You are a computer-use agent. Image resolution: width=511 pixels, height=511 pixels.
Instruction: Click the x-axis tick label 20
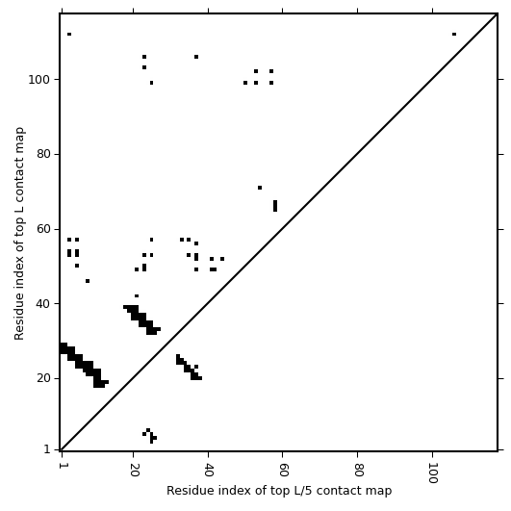point(134,470)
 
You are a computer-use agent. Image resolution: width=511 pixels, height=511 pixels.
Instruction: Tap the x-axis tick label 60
point(283,470)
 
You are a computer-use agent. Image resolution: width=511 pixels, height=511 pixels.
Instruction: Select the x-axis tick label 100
point(433,473)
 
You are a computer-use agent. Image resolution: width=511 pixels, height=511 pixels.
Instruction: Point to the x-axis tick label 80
point(359,470)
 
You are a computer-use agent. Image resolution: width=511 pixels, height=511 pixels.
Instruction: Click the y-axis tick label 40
point(43,303)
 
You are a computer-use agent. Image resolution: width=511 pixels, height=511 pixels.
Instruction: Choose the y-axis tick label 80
point(43,154)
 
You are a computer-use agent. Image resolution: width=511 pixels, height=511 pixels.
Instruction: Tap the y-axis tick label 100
point(39,79)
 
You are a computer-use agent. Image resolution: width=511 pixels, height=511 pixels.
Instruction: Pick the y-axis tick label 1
point(47,449)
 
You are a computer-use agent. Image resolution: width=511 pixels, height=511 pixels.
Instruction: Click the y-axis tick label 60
point(43,229)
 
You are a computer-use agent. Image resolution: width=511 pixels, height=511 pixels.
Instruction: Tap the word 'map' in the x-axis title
point(381,491)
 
